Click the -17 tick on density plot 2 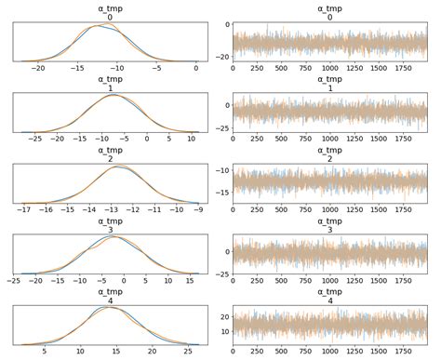point(20,210)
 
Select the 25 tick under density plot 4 point(190,352)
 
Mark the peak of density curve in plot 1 point(113,95)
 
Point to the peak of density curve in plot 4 point(110,306)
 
